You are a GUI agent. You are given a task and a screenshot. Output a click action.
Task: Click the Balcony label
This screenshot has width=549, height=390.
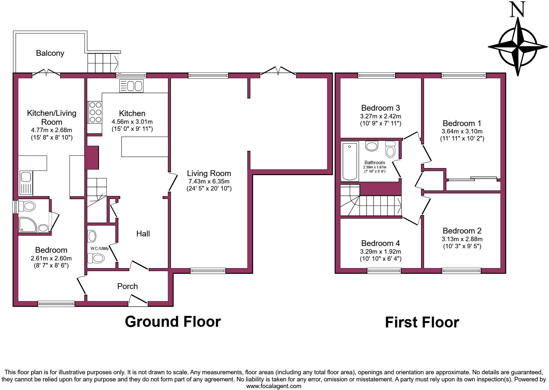pos(50,53)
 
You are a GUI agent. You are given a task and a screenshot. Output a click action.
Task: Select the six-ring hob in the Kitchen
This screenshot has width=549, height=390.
pos(95,112)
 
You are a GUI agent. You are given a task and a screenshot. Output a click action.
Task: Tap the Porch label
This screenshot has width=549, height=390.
pos(127,286)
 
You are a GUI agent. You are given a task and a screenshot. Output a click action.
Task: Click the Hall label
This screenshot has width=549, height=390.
pos(143,233)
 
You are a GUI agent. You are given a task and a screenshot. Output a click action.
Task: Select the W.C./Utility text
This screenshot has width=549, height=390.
pos(99,248)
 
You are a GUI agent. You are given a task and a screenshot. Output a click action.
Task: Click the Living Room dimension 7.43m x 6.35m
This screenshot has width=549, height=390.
pos(209,181)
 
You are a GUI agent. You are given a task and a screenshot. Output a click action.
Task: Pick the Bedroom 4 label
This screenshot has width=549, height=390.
pos(380,243)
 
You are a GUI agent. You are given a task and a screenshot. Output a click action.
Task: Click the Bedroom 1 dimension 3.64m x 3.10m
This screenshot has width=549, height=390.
pos(462,131)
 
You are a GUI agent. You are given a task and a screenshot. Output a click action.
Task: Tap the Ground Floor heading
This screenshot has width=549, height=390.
pos(173,321)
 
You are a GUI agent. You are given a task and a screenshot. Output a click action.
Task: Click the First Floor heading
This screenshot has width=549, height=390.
pos(422,322)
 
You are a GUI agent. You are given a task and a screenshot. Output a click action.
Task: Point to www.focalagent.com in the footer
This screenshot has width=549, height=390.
pos(274,386)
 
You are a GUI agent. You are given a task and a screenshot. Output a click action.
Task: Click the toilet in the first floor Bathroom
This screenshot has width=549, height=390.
pos(390,150)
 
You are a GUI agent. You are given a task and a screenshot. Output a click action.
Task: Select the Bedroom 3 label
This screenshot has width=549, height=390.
pos(380,108)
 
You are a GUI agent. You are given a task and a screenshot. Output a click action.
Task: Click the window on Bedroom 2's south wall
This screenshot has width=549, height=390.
pos(461,271)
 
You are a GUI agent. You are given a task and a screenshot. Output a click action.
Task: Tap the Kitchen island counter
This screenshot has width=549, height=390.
pos(145,147)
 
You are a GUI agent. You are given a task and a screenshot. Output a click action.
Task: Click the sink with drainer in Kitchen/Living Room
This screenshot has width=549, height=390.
pos(26,183)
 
